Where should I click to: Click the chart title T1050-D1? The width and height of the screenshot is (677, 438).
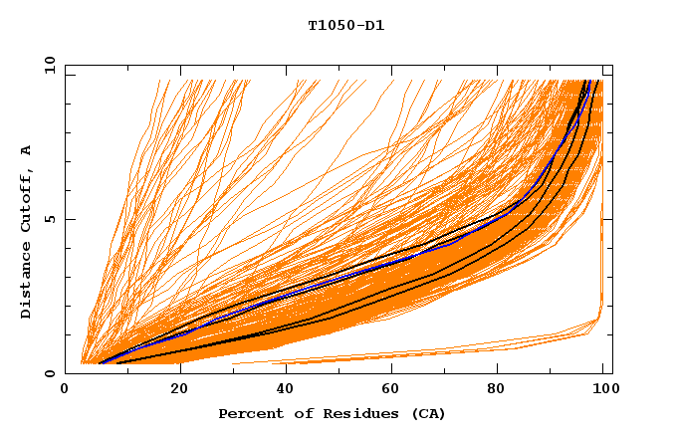coord(345,26)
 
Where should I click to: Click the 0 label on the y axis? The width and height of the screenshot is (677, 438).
coord(49,374)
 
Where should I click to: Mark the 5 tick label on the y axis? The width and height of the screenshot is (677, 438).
coord(49,220)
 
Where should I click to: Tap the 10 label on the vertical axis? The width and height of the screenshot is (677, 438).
coord(46,66)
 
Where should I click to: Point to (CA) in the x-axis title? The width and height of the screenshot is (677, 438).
coord(428,414)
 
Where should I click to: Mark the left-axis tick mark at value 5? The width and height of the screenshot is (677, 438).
coord(69,220)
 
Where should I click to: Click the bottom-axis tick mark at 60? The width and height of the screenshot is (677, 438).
coord(388,370)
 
